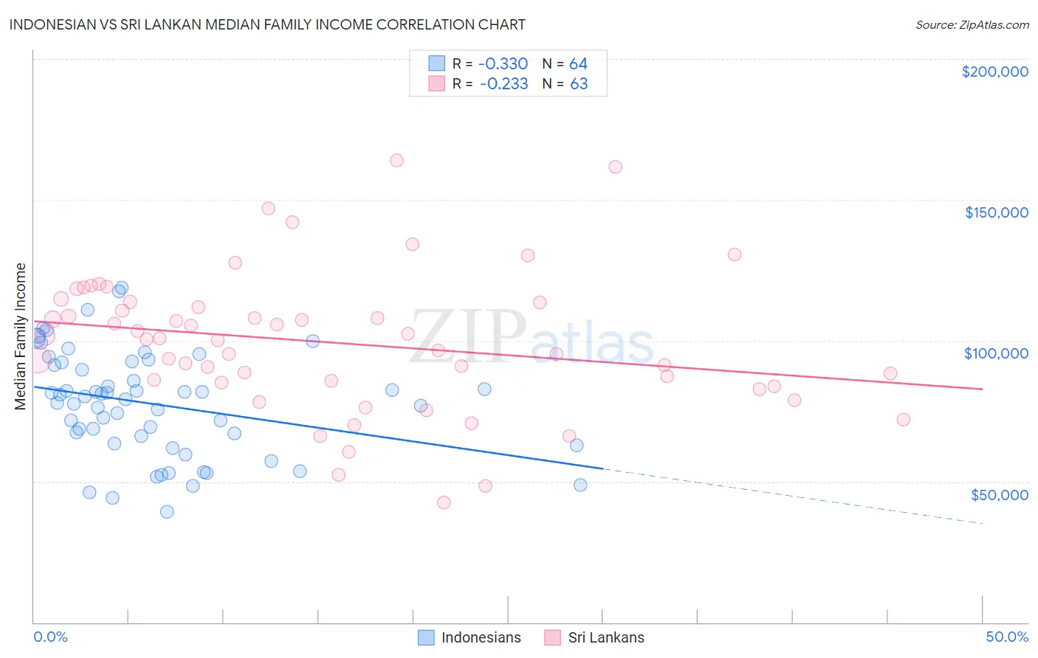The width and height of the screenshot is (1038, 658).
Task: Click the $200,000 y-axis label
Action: (994, 72)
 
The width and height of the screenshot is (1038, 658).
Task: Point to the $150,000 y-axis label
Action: (996, 212)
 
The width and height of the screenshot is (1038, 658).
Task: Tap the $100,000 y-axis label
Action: (996, 353)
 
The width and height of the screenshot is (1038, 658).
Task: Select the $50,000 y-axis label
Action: (999, 494)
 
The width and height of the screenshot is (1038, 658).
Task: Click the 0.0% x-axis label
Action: (50, 637)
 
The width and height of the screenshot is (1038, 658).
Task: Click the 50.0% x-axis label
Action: (1007, 637)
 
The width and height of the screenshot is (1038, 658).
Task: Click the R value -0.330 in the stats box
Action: (503, 63)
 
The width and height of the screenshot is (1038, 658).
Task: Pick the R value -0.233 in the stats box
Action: (503, 83)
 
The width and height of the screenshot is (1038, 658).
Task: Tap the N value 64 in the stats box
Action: (578, 63)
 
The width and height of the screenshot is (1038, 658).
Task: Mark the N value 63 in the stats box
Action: (579, 83)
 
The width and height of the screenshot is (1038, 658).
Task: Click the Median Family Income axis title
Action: (21, 336)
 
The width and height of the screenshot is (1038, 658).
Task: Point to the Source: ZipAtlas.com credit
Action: (972, 24)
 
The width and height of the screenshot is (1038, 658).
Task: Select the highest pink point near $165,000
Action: (396, 160)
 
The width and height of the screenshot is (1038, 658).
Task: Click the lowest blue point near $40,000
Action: (167, 511)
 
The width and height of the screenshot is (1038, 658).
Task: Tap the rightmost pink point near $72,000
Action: (903, 419)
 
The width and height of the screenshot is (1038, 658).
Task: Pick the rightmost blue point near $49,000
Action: (580, 485)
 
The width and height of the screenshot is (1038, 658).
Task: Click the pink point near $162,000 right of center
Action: (615, 167)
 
